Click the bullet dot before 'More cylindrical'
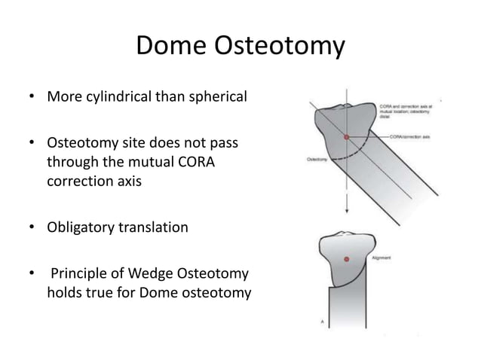pyautogui.click(x=32, y=99)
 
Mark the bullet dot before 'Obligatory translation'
pyautogui.click(x=32, y=227)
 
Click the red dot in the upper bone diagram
pyautogui.click(x=346, y=138)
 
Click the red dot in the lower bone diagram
pyautogui.click(x=346, y=259)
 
